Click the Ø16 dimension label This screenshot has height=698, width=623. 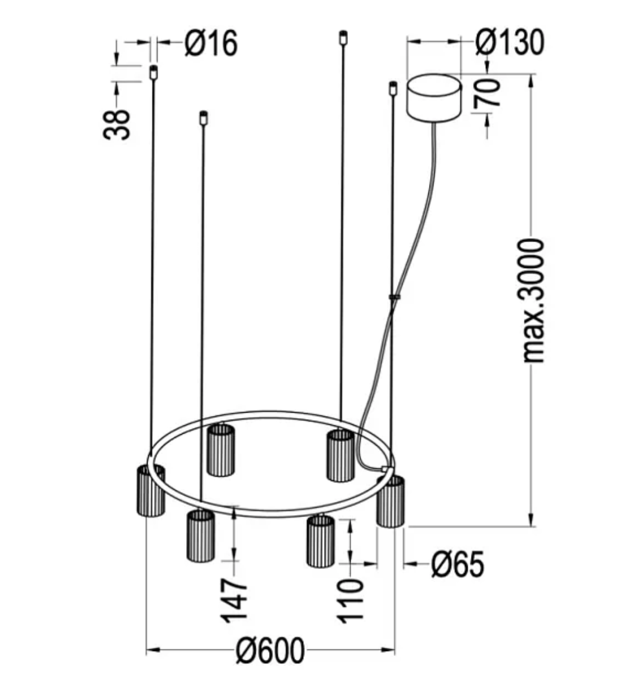click(211, 43)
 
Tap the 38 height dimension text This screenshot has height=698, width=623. click(117, 124)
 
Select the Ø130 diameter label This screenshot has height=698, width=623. click(509, 43)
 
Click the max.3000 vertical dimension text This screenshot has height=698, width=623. click(532, 300)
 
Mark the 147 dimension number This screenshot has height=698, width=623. click(234, 600)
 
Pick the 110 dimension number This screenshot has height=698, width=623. click(351, 600)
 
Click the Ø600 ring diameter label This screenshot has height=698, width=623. click(270, 650)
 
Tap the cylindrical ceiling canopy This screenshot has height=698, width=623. click(435, 97)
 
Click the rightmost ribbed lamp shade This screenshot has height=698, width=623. click(390, 502)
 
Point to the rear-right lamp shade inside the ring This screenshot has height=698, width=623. click(340, 455)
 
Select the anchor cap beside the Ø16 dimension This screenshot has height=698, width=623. click(153, 72)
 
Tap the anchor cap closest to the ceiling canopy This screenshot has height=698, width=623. click(393, 88)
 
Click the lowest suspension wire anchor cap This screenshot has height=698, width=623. click(204, 118)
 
